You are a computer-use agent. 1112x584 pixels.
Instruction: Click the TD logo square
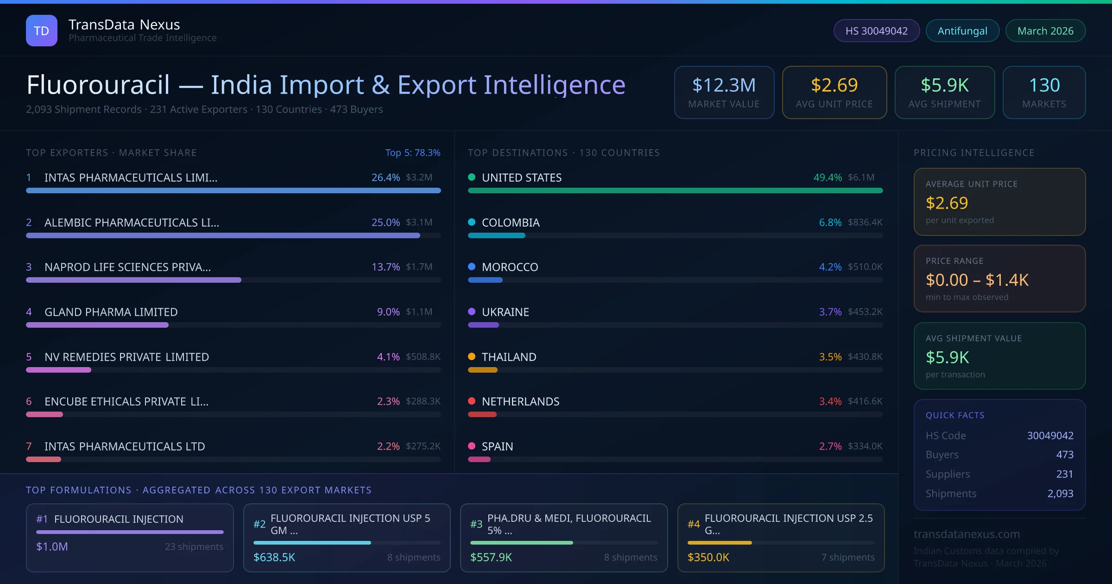[x=41, y=31]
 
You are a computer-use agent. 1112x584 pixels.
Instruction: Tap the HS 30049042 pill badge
[x=876, y=31]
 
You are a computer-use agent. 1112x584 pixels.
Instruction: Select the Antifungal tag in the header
[x=962, y=31]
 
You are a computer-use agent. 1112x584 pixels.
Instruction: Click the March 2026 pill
[x=1045, y=31]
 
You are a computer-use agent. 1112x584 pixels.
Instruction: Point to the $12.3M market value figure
[x=724, y=85]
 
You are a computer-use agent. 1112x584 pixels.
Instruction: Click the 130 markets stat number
[x=1044, y=85]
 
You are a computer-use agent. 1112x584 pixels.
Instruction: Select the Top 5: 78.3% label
[x=412, y=152]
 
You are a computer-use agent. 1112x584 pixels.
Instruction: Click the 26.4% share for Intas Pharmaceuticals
[x=385, y=178]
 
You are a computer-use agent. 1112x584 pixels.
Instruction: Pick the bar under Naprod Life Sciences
[x=133, y=280]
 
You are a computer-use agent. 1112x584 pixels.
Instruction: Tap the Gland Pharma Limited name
[x=111, y=312]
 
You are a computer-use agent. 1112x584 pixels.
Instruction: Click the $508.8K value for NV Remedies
[x=423, y=357]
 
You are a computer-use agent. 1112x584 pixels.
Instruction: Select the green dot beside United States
[x=472, y=177]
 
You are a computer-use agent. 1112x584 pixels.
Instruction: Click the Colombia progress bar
[x=496, y=235]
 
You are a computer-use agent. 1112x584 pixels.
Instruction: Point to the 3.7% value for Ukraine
[x=830, y=312]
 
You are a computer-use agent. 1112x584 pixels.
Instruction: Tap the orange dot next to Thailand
[x=472, y=356]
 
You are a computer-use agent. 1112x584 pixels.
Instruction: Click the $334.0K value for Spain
[x=865, y=446]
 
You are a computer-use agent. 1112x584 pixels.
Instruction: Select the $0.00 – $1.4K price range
[x=977, y=280]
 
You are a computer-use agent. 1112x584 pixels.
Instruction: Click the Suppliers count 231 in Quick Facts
[x=1064, y=474]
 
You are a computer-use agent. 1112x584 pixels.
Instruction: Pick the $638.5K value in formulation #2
[x=274, y=557]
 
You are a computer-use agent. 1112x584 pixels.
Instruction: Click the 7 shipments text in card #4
[x=847, y=557]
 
